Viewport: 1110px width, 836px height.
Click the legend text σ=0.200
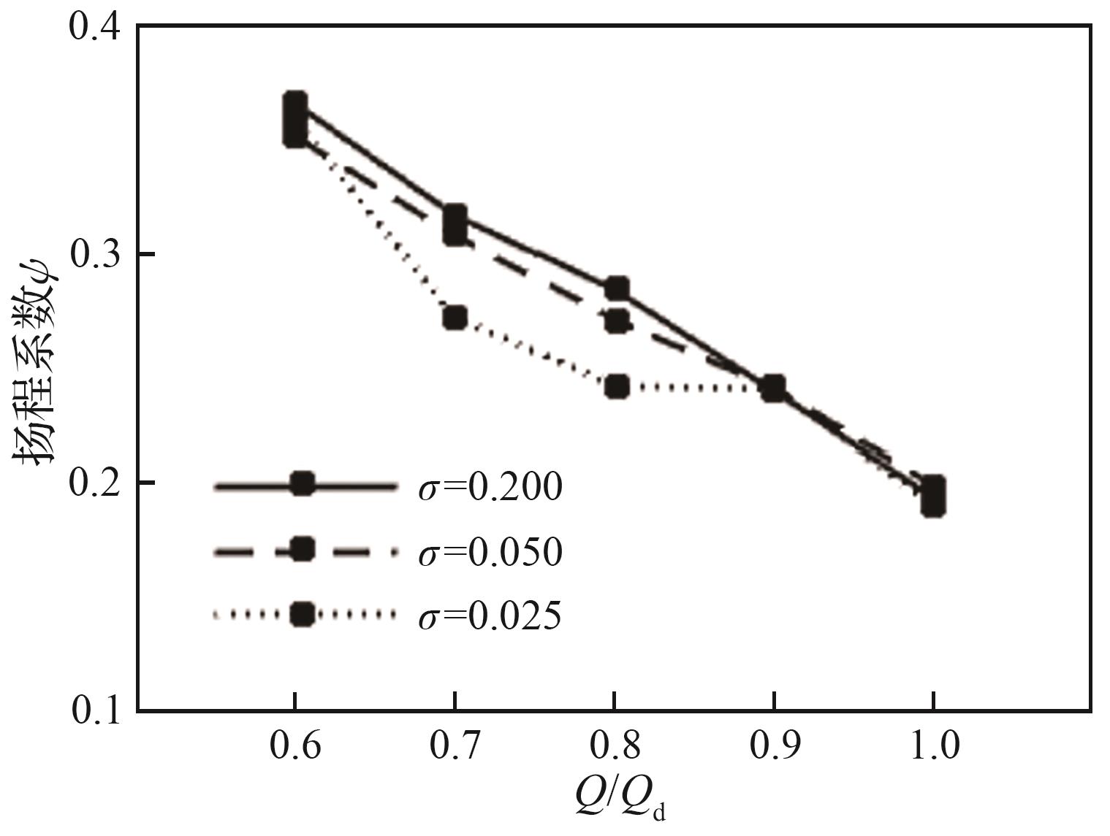490,487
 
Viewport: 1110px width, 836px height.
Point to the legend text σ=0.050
490,551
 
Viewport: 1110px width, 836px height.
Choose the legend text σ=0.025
490,616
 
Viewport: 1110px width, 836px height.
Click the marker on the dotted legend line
303,614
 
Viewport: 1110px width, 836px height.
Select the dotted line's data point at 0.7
455,318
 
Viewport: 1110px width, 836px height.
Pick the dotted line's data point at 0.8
617,386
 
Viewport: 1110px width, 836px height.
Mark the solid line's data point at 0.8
617,288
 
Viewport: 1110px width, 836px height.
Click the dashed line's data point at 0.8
617,321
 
